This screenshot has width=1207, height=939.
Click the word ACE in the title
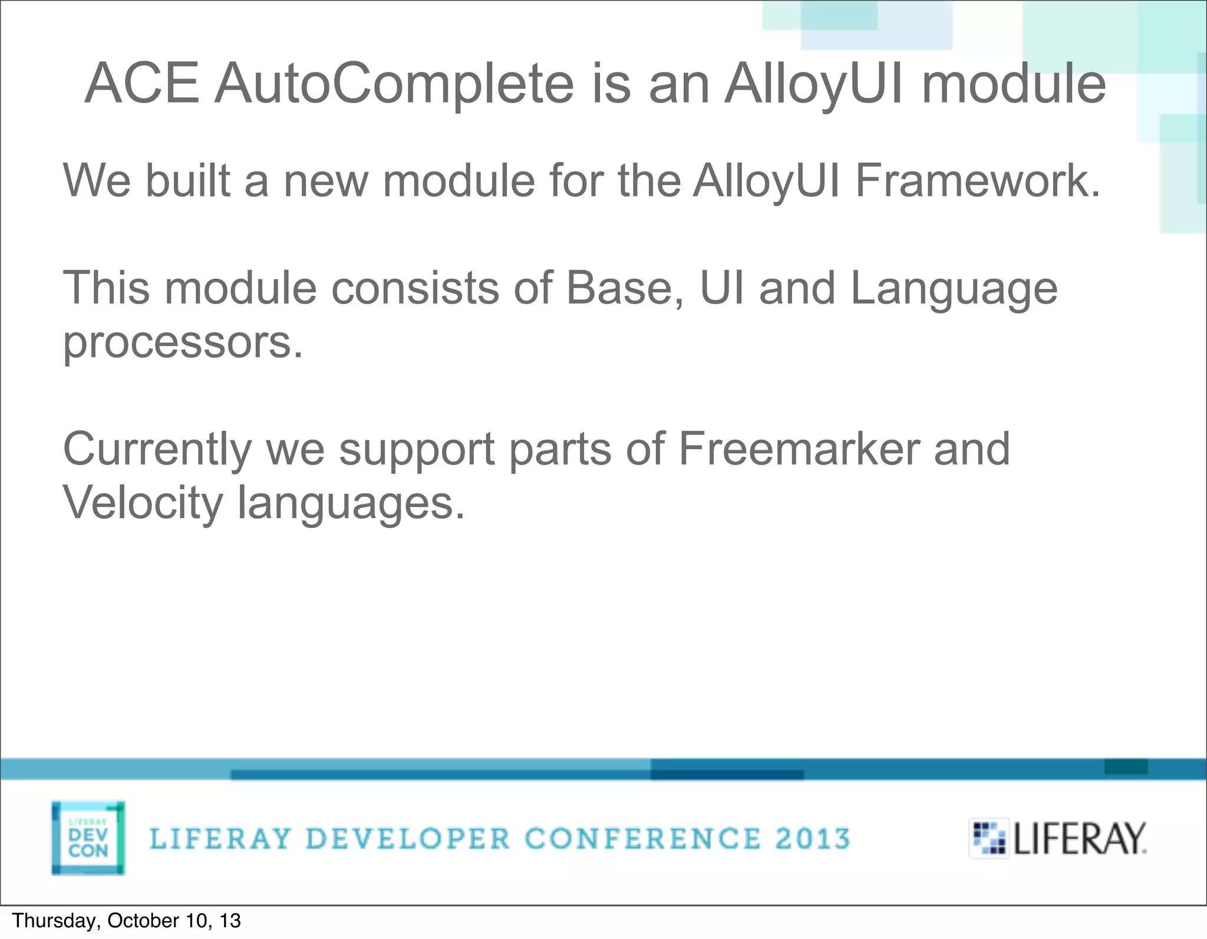[x=141, y=84]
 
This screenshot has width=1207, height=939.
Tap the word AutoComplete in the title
[x=393, y=84]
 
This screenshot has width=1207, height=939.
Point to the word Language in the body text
[x=954, y=288]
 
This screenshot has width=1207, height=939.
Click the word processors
[x=183, y=342]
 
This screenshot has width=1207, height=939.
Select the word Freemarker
[x=799, y=449]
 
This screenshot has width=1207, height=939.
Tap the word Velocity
[x=142, y=503]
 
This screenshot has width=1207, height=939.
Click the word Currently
[x=157, y=449]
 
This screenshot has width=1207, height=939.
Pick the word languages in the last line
[x=351, y=503]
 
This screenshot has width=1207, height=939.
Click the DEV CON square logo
[x=88, y=838]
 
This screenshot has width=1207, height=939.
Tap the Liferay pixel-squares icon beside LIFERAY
[x=988, y=838]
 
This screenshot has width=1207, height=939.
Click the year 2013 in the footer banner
[x=812, y=839]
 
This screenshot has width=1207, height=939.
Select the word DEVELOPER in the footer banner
[x=408, y=839]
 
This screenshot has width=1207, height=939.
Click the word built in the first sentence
[x=187, y=180]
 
